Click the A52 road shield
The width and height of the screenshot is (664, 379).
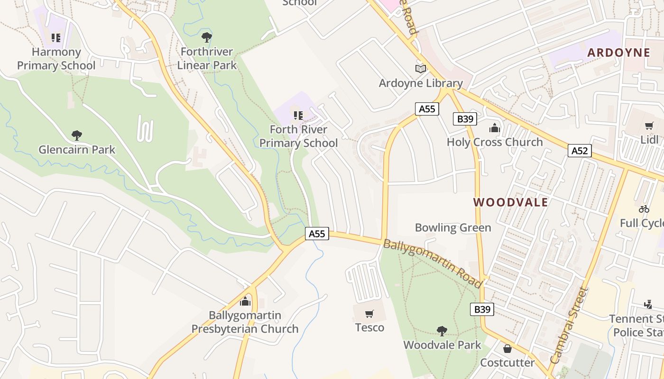point(580,151)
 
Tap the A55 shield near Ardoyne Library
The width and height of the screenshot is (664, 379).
point(427,109)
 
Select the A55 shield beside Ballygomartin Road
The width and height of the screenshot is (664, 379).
point(317,234)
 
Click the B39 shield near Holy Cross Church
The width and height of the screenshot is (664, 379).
point(465,119)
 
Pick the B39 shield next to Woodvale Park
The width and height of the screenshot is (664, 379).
point(482,309)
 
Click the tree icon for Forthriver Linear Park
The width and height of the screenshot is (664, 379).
point(206,37)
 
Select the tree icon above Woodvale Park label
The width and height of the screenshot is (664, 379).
point(442,331)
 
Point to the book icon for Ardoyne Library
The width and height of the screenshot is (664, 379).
point(421,69)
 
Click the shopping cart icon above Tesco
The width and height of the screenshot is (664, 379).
point(369,314)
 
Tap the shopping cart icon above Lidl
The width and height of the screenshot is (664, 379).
point(649,126)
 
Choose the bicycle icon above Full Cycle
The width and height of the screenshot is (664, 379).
point(644,209)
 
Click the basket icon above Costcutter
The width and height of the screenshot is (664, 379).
point(507,349)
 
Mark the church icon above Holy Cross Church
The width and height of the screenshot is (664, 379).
point(495,128)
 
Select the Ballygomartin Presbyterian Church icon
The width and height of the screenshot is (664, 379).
point(245,301)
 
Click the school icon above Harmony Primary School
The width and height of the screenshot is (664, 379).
point(56,37)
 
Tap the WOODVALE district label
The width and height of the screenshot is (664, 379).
point(510,203)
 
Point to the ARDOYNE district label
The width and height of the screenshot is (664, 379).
point(618,53)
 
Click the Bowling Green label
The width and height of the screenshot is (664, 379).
point(453,228)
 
